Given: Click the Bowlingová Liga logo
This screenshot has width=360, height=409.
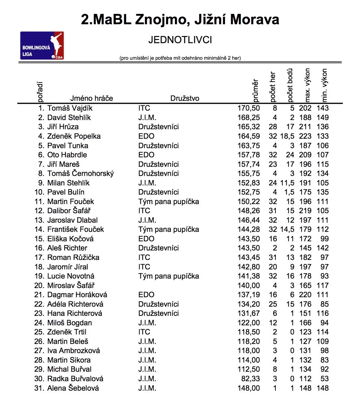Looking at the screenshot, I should tap(42, 46).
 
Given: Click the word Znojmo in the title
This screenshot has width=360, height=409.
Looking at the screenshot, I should tap(162, 20).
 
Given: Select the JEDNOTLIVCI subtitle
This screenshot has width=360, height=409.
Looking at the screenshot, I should tap(180, 40).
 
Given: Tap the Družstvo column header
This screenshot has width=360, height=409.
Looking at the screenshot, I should tap(185, 98).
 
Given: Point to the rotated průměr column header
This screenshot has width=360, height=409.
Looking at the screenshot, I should tap(255, 90).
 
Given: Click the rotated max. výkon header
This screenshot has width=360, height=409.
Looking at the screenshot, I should tap(307, 85).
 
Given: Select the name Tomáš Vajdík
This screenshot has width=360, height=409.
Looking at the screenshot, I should tap(70, 108).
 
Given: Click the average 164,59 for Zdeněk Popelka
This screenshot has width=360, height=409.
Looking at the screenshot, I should tap(249, 136).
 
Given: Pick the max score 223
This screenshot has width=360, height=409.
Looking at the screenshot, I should tap(305, 136).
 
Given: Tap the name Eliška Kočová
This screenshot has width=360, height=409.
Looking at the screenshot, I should tap(70, 239).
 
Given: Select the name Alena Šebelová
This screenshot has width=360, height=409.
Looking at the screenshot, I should tap(73, 388).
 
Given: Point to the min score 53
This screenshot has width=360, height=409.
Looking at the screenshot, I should tap(325, 379).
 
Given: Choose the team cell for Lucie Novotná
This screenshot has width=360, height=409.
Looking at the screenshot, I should tap(168, 276).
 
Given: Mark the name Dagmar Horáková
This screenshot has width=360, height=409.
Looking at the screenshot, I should tap(77, 295).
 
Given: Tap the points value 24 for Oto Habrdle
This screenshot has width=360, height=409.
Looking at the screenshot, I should tap(290, 155).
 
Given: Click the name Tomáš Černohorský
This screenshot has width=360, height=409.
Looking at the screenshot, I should tap(80, 174).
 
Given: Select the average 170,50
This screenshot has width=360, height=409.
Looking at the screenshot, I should tap(249, 108).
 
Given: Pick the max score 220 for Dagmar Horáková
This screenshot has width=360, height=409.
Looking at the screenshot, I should tap(305, 295).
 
